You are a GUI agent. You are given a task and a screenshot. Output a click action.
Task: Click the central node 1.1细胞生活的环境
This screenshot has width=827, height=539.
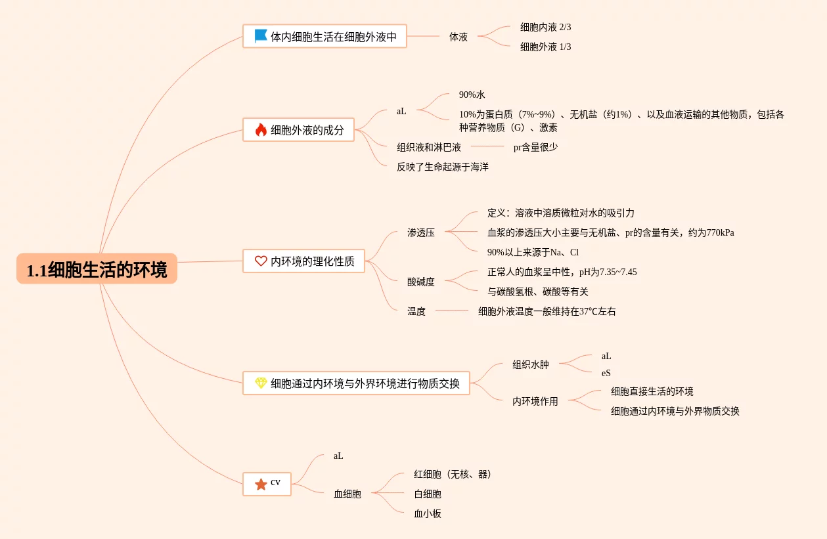point(97,269)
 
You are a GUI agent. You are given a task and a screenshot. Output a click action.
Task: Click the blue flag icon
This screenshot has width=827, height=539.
point(261,36)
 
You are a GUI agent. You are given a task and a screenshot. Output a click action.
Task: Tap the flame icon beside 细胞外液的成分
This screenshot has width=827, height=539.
point(261,130)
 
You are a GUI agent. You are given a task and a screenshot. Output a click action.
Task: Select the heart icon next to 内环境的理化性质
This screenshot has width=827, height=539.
point(261,261)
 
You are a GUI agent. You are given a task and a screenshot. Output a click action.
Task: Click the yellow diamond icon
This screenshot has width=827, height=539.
point(261,383)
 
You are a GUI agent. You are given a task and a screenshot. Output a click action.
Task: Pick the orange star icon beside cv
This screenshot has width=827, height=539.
point(261,485)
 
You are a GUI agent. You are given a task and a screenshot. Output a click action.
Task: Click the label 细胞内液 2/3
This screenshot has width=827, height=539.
point(545,27)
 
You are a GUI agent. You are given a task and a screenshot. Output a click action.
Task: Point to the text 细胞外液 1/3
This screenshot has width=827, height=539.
point(545,47)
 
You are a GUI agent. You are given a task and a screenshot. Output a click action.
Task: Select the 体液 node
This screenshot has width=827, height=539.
point(458,37)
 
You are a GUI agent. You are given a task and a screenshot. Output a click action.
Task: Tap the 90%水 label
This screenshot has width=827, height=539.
point(472,95)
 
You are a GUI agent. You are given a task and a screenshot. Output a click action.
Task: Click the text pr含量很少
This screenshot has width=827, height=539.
point(535,147)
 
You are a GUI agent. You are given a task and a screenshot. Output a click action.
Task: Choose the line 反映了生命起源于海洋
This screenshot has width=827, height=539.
point(442,167)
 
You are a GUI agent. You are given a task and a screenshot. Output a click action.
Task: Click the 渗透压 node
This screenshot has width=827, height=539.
point(420,232)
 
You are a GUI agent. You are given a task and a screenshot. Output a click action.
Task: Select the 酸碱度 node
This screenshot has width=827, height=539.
point(420,282)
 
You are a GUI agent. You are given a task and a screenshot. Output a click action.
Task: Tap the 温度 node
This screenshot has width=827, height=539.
point(416,311)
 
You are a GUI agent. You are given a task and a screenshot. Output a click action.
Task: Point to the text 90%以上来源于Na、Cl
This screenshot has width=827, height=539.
point(533,252)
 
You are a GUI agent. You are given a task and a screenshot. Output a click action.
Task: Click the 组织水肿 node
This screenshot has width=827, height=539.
point(530,364)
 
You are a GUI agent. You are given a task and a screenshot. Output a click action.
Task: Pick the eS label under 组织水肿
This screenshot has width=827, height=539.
point(606,373)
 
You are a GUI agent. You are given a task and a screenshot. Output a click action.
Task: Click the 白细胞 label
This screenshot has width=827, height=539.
point(427,494)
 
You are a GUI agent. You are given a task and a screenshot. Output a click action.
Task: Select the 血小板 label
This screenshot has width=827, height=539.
point(427,513)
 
